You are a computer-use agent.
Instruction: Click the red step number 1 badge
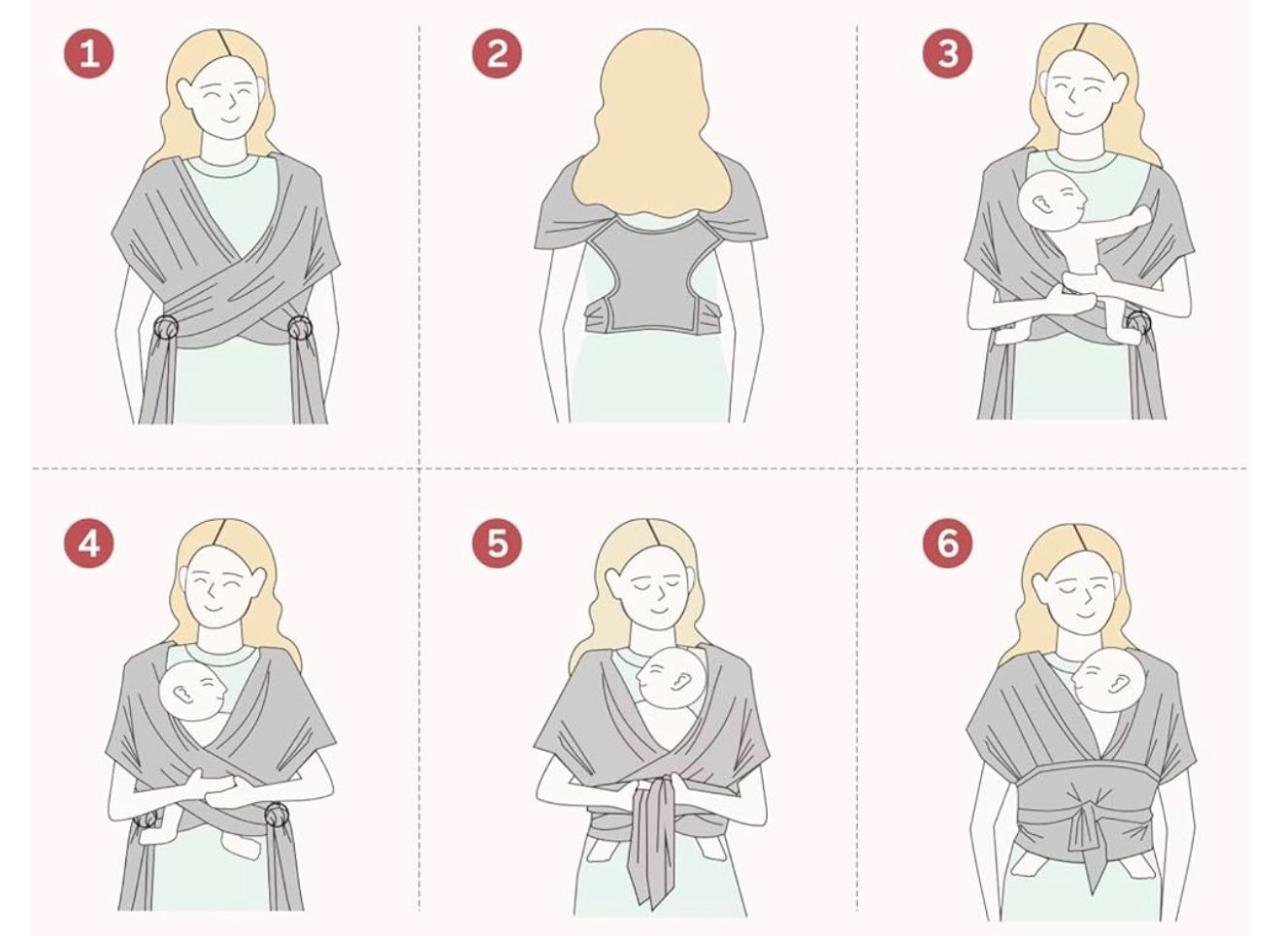tap(88, 52)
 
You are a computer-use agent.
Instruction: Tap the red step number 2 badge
tap(496, 52)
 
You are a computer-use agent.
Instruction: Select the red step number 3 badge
tap(946, 52)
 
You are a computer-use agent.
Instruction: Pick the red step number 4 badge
tap(88, 543)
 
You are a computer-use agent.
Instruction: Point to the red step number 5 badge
tap(496, 543)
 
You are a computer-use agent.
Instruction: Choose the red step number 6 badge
tap(946, 543)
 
